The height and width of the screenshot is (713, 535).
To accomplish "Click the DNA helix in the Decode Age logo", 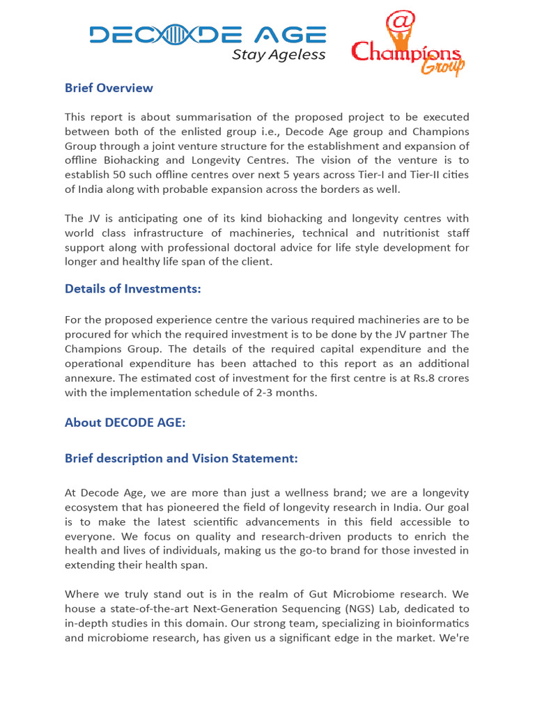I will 174,35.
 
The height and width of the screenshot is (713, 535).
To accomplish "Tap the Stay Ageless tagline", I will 278,55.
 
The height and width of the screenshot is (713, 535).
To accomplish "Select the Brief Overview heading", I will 109,88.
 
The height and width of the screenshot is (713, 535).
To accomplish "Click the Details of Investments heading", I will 132,289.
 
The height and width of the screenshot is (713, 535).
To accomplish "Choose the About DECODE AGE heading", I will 125,423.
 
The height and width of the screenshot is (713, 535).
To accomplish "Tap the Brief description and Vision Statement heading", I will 181,458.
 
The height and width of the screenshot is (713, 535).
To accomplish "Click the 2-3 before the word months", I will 276,393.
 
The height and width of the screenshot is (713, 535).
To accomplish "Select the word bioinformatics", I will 433,623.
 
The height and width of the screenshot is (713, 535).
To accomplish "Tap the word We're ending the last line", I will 453,638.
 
